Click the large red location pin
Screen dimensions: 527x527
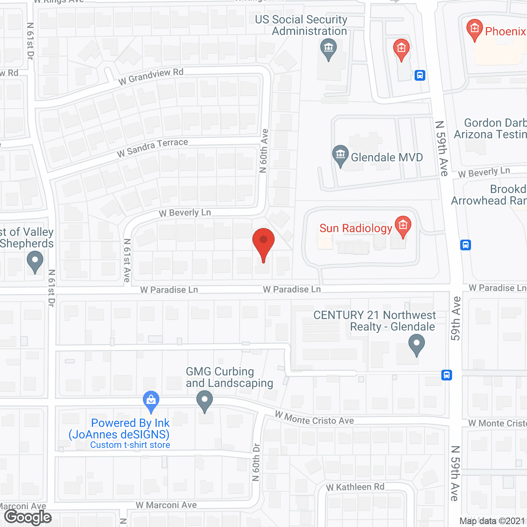click(263, 243)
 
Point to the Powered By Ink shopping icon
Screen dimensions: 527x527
click(151, 400)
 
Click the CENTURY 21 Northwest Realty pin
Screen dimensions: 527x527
click(416, 344)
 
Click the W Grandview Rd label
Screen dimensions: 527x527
click(151, 76)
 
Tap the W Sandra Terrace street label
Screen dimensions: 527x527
click(152, 147)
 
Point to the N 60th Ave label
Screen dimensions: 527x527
click(264, 151)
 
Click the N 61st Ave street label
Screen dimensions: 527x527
click(127, 260)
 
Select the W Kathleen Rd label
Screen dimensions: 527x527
click(355, 487)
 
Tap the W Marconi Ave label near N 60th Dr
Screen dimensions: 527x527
click(166, 505)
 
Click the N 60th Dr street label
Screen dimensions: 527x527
click(256, 462)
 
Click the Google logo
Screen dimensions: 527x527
click(28, 517)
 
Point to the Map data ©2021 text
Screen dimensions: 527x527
click(492, 521)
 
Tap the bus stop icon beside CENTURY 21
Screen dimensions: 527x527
click(447, 375)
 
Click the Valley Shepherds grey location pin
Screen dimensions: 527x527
click(35, 262)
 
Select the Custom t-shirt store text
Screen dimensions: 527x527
click(130, 445)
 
